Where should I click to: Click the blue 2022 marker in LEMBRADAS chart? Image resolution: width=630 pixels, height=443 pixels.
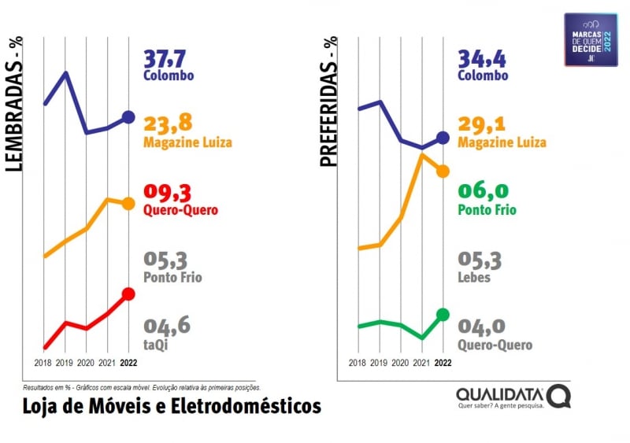pyautogui.click(x=128, y=118)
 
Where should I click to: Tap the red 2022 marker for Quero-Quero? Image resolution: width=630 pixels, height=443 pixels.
pyautogui.click(x=128, y=293)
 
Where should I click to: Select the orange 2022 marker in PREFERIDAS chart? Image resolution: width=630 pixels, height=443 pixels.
pyautogui.click(x=443, y=171)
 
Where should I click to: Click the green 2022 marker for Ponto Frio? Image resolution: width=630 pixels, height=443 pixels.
pyautogui.click(x=443, y=315)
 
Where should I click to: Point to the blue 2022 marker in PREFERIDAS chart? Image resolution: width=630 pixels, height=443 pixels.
pyautogui.click(x=443, y=138)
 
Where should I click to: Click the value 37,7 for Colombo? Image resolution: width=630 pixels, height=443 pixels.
pyautogui.click(x=168, y=58)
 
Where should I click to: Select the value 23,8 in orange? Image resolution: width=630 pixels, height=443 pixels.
pyautogui.click(x=168, y=124)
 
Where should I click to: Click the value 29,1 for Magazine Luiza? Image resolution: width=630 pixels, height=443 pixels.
pyautogui.click(x=482, y=124)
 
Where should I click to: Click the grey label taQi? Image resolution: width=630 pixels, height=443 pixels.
pyautogui.click(x=156, y=344)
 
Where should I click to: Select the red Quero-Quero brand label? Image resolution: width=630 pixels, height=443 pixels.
pyautogui.click(x=180, y=210)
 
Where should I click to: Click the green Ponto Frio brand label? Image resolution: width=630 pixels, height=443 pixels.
pyautogui.click(x=487, y=210)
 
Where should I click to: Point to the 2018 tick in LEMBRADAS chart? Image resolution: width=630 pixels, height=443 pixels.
pyautogui.click(x=44, y=364)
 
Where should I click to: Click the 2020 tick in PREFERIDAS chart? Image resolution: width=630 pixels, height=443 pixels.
pyautogui.click(x=400, y=364)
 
